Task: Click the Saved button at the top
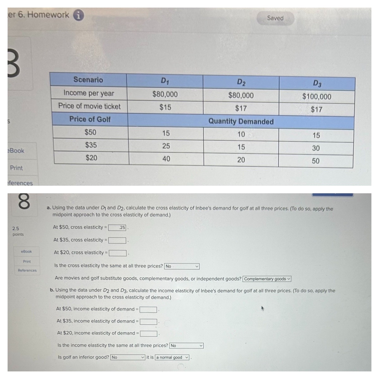point(275,18)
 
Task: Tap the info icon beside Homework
point(79,15)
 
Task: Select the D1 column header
point(165,81)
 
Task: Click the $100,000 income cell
point(316,97)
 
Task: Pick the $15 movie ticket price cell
point(165,107)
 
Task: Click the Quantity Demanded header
point(241,122)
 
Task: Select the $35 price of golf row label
point(91,145)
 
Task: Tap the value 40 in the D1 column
point(166,159)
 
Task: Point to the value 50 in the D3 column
point(316,161)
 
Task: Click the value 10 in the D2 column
point(241,135)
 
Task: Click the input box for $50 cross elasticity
point(117,228)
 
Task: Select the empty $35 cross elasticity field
point(117,240)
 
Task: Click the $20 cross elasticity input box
point(117,253)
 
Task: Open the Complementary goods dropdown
point(267,279)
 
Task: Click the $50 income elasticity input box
point(148,310)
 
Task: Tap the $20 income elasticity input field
point(148,334)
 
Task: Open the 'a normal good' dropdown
point(172,358)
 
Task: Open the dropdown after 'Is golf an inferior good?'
point(128,358)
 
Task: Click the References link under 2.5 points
point(27,270)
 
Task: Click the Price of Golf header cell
point(90,119)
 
